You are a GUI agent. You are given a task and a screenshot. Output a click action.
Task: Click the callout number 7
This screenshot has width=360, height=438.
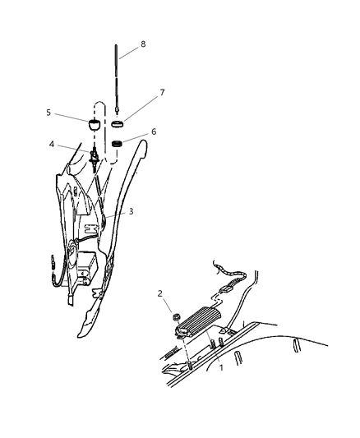click(161, 93)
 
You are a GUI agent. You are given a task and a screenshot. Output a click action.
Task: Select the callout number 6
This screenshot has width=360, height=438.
click(153, 131)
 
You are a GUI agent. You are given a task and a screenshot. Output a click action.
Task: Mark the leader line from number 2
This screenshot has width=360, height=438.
click(168, 302)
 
